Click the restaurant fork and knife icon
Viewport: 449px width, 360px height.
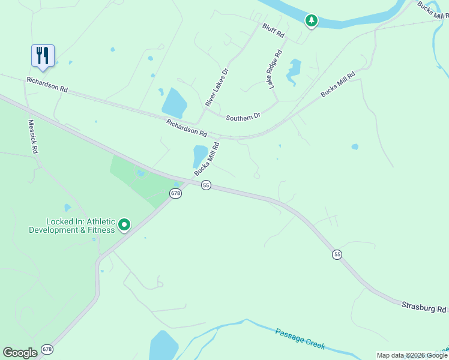click(43, 56)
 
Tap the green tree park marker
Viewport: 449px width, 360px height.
click(311, 21)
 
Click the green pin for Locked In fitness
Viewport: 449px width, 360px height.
click(124, 225)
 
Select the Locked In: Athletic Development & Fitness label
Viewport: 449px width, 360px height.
click(72, 226)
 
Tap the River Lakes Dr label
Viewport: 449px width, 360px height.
click(217, 88)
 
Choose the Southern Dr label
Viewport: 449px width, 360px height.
click(243, 118)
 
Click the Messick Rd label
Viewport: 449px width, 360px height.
click(32, 137)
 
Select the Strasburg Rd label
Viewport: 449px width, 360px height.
click(424, 308)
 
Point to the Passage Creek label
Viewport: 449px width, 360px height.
click(300, 338)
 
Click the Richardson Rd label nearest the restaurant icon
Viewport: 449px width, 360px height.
click(47, 84)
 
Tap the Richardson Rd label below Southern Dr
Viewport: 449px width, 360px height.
click(187, 127)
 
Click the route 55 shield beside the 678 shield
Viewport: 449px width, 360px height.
click(206, 185)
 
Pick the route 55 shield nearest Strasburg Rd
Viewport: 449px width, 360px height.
click(337, 255)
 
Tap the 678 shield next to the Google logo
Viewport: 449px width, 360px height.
click(47, 349)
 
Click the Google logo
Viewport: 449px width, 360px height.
click(20, 352)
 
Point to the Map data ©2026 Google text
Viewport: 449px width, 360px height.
click(411, 355)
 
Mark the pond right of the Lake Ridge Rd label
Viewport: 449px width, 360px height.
click(294, 70)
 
